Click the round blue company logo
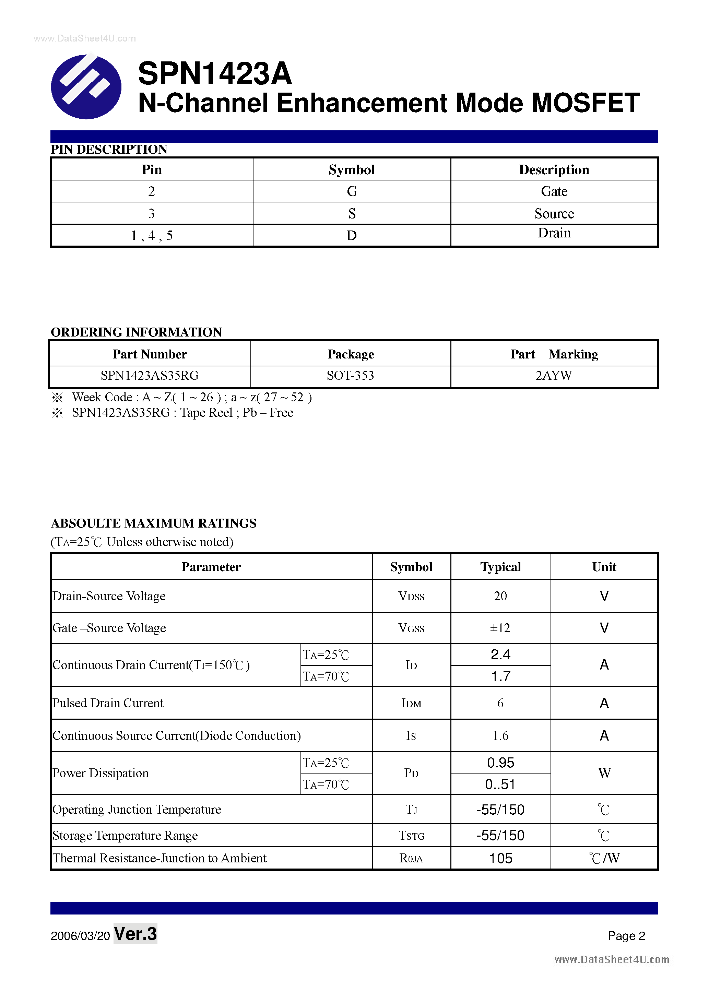click(86, 86)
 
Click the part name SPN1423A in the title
click(214, 73)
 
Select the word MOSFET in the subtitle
click(586, 103)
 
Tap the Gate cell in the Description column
click(554, 191)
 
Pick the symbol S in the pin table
click(352, 214)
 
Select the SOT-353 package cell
click(350, 376)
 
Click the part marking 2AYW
click(554, 376)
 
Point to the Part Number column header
click(150, 354)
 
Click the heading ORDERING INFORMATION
click(136, 332)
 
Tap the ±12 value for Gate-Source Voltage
click(500, 628)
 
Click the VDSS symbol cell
click(411, 596)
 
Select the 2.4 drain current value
click(500, 654)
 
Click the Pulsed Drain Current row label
click(108, 703)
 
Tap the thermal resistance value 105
click(500, 858)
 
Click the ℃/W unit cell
click(604, 858)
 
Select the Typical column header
click(500, 567)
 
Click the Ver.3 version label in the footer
click(135, 934)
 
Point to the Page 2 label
click(626, 936)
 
